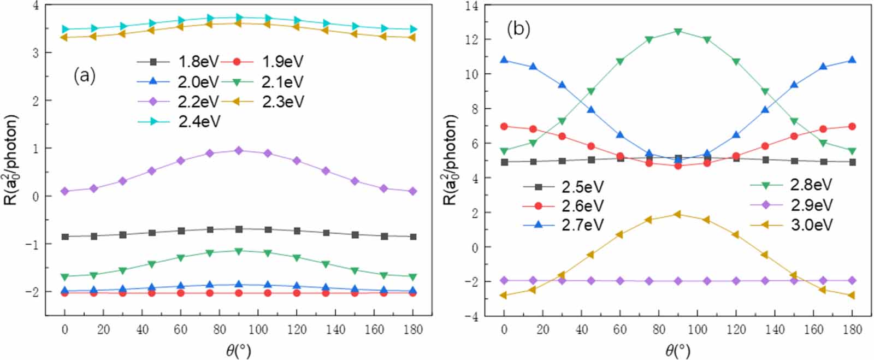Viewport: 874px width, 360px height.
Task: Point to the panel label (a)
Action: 85,76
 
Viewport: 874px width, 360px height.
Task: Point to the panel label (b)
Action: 518,29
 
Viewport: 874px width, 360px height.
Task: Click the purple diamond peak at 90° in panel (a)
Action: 239,150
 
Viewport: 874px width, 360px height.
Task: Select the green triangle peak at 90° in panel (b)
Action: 678,32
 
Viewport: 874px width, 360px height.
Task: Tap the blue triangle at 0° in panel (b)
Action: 504,60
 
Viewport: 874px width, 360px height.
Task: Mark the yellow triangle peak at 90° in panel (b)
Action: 678,214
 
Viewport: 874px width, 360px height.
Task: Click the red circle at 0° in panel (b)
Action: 504,126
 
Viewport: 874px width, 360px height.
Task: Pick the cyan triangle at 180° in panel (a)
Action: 413,29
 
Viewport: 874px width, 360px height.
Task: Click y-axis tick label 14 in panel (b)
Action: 471,6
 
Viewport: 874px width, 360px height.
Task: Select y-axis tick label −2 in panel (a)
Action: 31,292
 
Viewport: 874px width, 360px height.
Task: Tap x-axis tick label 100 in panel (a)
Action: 258,329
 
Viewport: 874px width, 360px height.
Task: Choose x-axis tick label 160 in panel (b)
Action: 813,329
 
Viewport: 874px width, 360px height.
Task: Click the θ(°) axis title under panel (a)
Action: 239,350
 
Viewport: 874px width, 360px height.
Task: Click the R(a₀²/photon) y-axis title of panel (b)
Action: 450,160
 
